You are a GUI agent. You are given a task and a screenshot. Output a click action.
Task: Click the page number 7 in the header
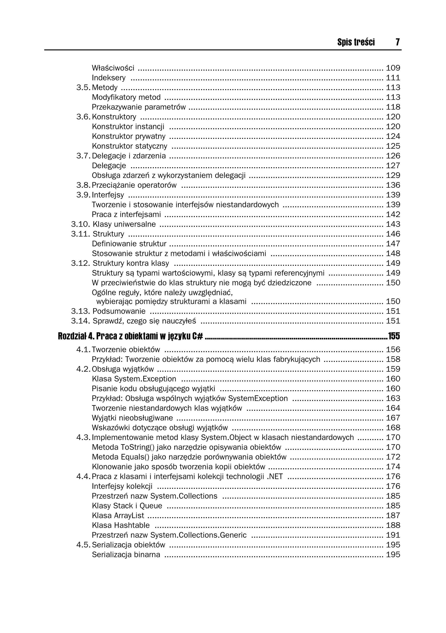[397, 42]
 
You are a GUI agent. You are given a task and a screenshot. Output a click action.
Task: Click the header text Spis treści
[356, 42]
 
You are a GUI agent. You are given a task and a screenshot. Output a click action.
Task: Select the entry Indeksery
[108, 78]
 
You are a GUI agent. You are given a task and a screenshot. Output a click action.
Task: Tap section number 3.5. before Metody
[83, 87]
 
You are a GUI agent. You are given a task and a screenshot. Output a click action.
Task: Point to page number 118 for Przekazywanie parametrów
[393, 107]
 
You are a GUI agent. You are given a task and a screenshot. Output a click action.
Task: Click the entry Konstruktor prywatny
[129, 136]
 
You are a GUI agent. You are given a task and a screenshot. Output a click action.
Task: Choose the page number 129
[393, 175]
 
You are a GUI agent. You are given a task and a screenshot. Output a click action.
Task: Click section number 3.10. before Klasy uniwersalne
[81, 224]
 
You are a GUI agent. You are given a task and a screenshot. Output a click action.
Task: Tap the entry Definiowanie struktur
[129, 244]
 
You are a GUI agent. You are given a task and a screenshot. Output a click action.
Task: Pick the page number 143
[393, 224]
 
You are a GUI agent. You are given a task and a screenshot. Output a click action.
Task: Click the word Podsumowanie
[119, 311]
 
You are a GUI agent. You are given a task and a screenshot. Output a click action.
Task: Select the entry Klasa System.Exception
[134, 379]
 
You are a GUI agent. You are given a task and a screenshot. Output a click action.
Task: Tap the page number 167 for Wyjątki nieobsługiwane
[393, 418]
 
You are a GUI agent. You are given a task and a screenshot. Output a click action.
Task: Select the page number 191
[393, 535]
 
